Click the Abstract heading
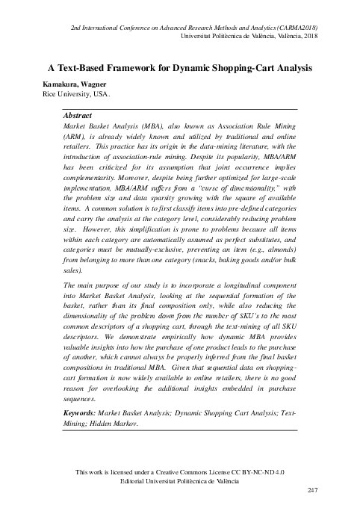point(79,117)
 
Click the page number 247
point(314,490)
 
